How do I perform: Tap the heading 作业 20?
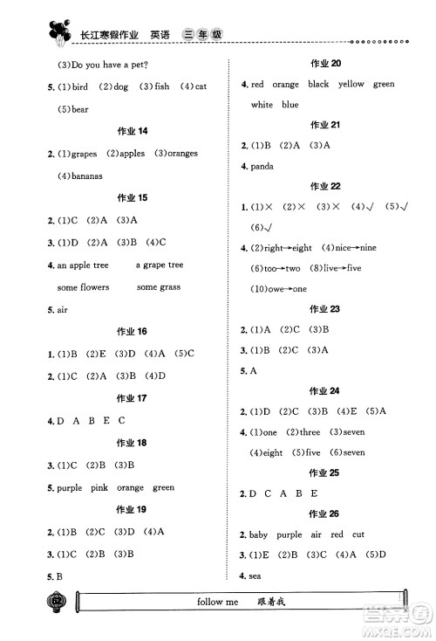tap(324, 63)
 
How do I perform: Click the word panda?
tap(263, 166)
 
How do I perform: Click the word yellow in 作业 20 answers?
tap(351, 84)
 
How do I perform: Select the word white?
tap(262, 105)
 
